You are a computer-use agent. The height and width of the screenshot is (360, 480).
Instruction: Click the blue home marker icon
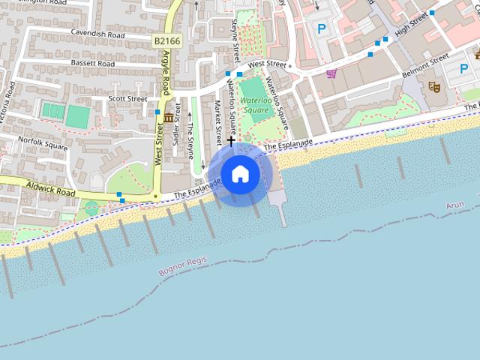240,174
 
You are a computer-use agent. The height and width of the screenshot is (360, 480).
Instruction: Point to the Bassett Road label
92,64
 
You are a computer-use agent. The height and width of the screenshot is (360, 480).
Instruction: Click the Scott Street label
128,98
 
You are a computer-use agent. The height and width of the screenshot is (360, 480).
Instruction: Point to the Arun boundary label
454,205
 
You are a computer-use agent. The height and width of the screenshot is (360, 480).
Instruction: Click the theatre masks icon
433,87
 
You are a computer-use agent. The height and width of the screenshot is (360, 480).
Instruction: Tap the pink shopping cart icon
331,73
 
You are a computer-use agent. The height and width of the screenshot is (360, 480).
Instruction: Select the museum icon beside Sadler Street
169,118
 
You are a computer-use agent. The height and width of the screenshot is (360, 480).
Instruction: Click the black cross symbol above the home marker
231,140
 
